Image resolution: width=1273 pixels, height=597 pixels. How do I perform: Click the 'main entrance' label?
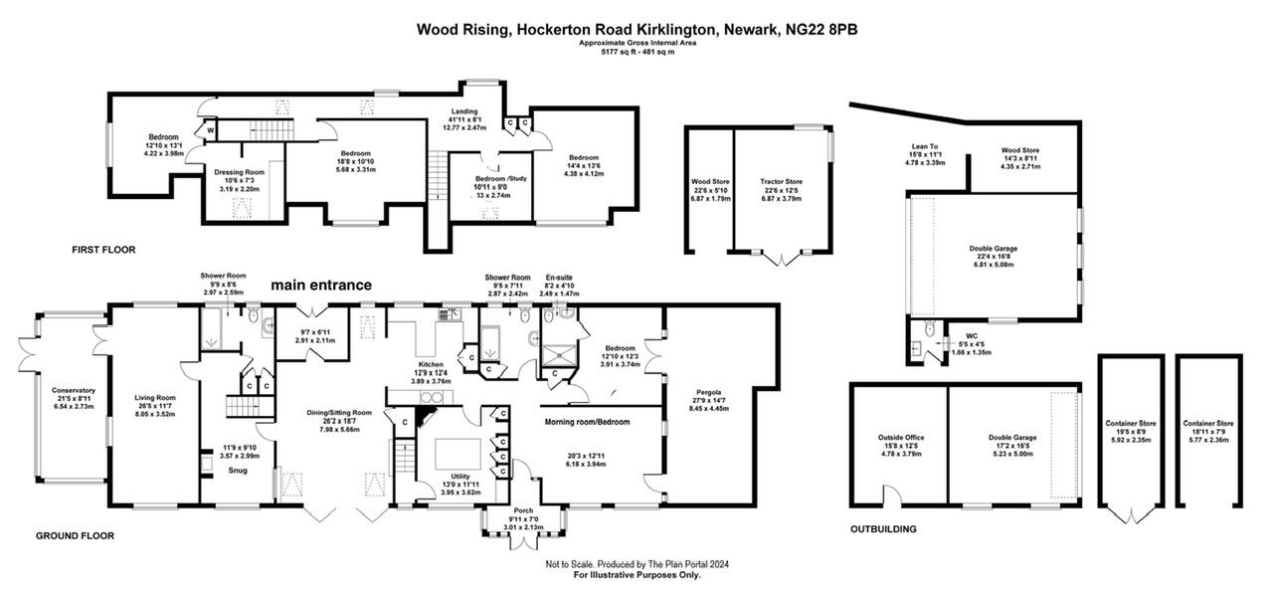pyautogui.click(x=322, y=286)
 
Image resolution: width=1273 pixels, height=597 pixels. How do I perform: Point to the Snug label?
pyautogui.click(x=238, y=470)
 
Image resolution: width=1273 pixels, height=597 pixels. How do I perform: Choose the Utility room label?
pyautogui.click(x=459, y=477)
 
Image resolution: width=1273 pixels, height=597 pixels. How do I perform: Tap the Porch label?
pyautogui.click(x=522, y=509)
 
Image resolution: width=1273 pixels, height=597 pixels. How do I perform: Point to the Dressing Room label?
pyautogui.click(x=239, y=172)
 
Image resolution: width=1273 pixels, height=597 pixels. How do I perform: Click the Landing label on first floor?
pyautogui.click(x=463, y=111)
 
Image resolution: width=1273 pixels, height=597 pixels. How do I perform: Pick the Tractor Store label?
pyautogui.click(x=781, y=181)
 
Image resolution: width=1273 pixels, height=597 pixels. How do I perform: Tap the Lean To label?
pyautogui.click(x=926, y=147)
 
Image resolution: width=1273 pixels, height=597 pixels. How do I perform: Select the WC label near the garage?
pyautogui.click(x=958, y=335)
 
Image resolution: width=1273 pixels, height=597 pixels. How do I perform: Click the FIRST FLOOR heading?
pyautogui.click(x=103, y=249)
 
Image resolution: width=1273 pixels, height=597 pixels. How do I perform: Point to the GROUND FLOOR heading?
pyautogui.click(x=76, y=535)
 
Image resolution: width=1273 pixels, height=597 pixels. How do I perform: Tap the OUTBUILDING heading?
pyautogui.click(x=882, y=529)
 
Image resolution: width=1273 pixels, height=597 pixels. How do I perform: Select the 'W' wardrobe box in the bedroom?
pyautogui.click(x=211, y=130)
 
